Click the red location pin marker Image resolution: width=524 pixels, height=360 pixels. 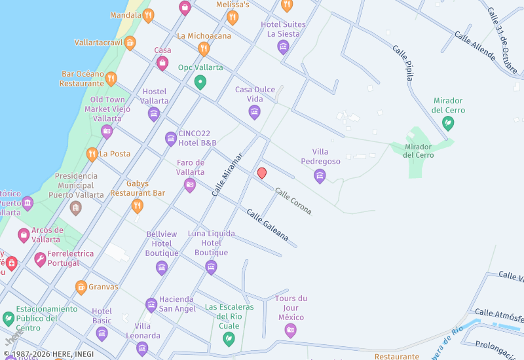[262, 173]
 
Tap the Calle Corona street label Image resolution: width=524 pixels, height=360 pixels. [293, 202]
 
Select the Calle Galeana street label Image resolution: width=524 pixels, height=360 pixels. [267, 225]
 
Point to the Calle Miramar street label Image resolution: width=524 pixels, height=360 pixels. [227, 174]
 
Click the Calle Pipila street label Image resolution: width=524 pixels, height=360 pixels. [403, 63]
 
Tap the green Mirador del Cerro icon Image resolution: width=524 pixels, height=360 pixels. [449, 123]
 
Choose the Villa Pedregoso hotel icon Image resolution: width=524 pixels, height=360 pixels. [320, 175]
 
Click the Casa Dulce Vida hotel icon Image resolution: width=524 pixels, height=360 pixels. [255, 113]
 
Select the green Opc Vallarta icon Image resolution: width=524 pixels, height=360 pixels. [200, 82]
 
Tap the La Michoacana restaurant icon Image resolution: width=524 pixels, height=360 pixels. [204, 49]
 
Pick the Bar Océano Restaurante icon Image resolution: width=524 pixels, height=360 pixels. [111, 79]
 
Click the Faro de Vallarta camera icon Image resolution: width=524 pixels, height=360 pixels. [190, 185]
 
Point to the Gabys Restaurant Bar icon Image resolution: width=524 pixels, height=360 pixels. [137, 206]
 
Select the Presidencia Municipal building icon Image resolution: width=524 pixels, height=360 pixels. [76, 208]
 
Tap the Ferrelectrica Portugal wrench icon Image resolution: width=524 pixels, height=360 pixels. [41, 260]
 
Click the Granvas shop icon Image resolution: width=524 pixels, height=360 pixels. [81, 287]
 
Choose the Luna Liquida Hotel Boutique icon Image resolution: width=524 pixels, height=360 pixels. [211, 266]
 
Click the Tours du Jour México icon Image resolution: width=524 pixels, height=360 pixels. [291, 331]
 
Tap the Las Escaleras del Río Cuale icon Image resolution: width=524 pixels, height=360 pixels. [229, 338]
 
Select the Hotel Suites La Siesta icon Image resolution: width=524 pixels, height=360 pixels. [283, 46]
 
